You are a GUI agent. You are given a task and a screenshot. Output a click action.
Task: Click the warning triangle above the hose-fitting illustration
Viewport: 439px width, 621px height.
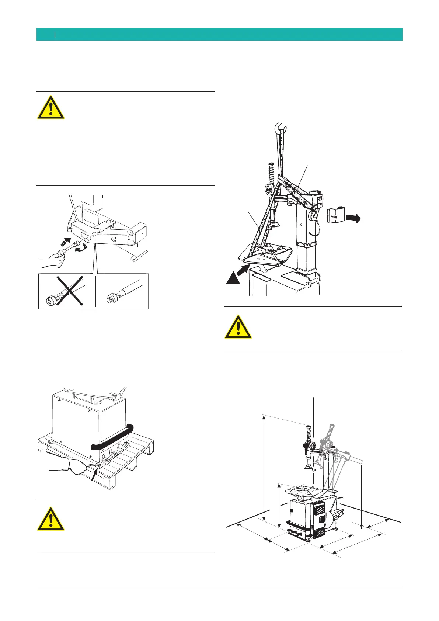click(x=51, y=108)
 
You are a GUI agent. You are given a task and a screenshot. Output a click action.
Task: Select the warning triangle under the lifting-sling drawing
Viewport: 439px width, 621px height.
click(x=238, y=327)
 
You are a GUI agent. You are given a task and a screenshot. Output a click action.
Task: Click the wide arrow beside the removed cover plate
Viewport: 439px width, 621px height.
click(x=353, y=218)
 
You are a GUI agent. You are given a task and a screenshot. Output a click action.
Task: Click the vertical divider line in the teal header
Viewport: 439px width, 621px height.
click(x=55, y=35)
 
